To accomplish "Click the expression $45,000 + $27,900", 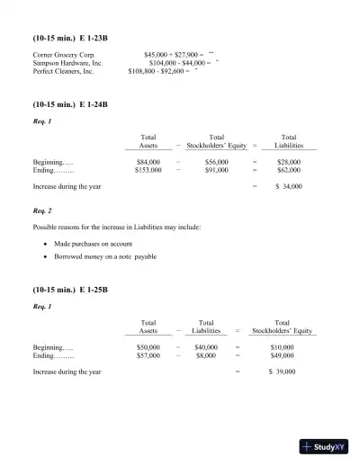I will (x=173, y=55).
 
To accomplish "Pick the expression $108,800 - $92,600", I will (x=159, y=71).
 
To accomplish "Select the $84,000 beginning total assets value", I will (x=148, y=161).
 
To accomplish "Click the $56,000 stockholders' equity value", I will (x=216, y=161).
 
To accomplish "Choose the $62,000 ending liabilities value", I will (x=289, y=169).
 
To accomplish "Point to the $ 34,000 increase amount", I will (x=288, y=186).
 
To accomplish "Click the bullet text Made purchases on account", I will (x=93, y=244).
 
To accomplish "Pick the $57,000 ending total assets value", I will (x=148, y=354).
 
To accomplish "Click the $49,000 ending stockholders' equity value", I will (x=282, y=354).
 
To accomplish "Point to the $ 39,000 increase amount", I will (x=281, y=372).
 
